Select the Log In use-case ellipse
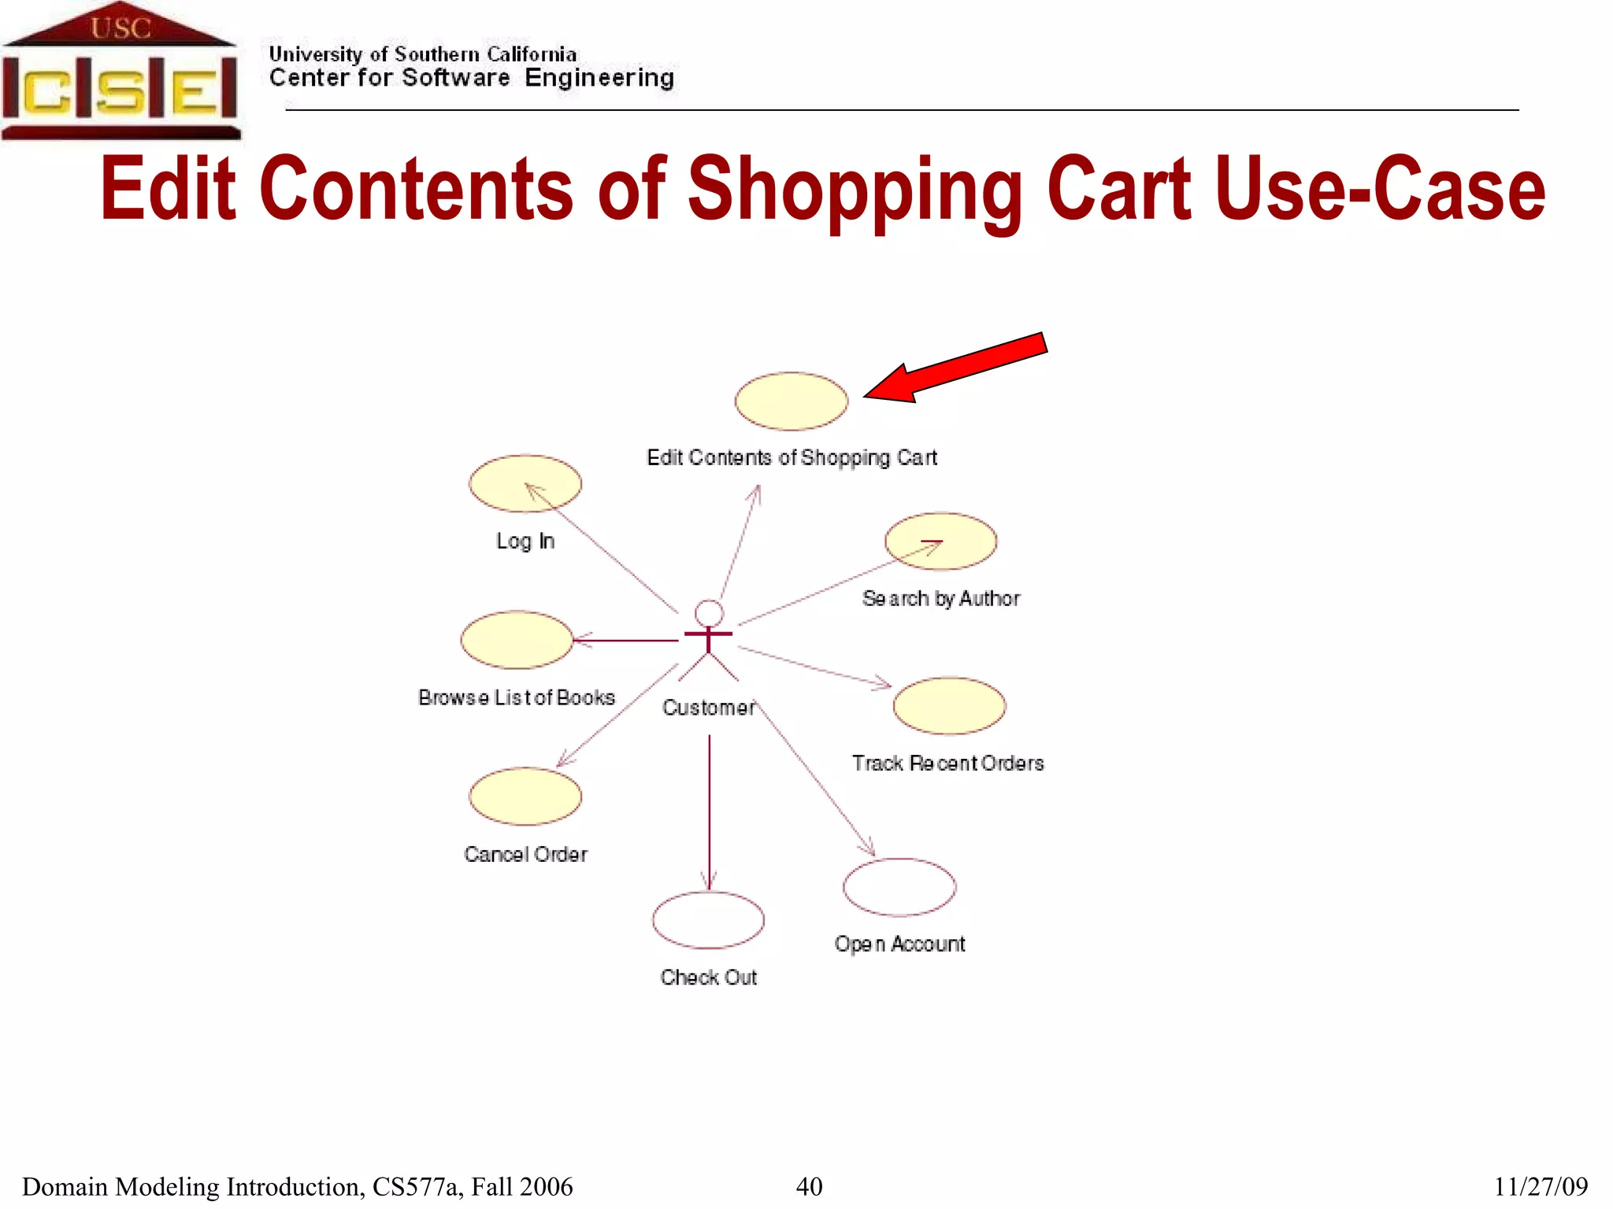525,483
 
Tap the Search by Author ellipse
940,542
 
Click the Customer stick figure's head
709,613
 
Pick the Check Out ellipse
708,920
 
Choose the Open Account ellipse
899,887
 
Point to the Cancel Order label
525,854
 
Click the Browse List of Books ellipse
517,640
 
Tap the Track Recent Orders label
947,763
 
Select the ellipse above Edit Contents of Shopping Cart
791,401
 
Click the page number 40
809,1186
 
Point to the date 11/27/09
1541,1186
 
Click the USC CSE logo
120,72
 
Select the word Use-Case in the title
1380,189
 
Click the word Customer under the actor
708,708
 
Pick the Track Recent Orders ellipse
949,706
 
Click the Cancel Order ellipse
525,797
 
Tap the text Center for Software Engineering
471,78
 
